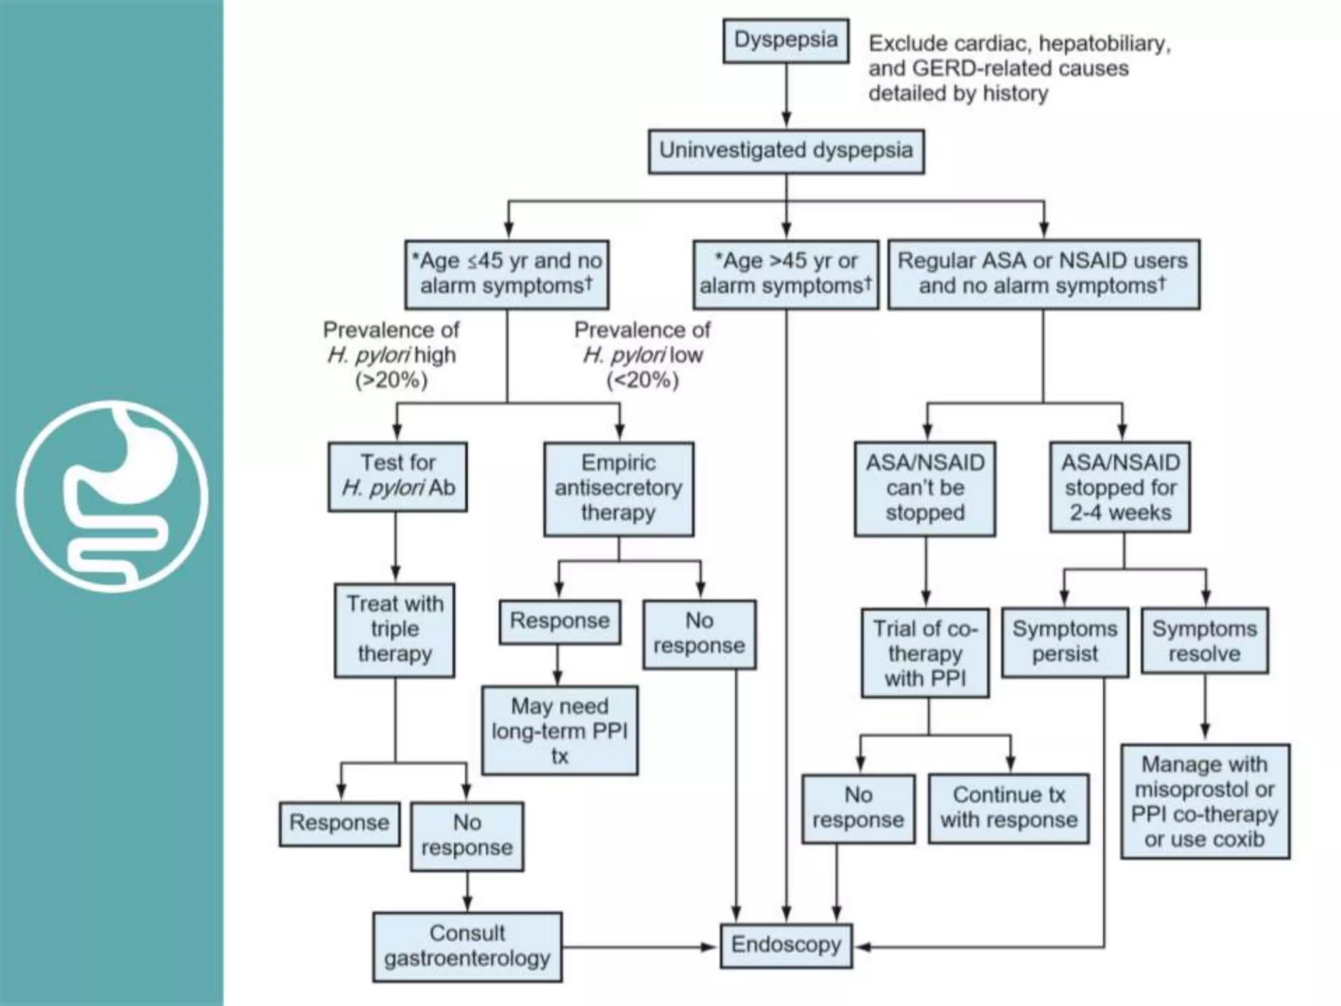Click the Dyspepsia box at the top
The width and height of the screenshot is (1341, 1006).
[x=786, y=41]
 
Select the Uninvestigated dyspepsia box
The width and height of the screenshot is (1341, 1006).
[x=786, y=151]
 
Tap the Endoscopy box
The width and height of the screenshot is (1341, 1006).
[x=786, y=945]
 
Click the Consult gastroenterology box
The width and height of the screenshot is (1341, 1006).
[x=467, y=946]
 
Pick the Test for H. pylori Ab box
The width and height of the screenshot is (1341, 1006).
[x=397, y=476]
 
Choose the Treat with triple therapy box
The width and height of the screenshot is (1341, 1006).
[x=394, y=629]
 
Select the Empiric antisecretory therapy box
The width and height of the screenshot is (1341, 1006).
[x=618, y=489]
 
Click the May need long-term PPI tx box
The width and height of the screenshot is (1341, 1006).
[x=559, y=731]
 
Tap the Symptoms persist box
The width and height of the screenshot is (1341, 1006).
[x=1065, y=642]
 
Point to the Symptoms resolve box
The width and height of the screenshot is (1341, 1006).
[x=1204, y=641]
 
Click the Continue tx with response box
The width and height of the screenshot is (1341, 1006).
[x=1008, y=808]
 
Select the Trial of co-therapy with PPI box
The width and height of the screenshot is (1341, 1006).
[x=925, y=653]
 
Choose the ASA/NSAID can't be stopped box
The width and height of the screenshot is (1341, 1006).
[x=925, y=489]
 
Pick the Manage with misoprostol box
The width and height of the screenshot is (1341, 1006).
[x=1205, y=801]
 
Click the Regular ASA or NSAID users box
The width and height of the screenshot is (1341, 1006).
[x=1043, y=274]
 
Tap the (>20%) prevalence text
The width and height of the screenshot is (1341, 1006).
[x=391, y=381]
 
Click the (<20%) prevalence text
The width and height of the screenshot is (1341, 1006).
[x=642, y=381]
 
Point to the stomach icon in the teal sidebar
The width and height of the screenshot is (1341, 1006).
[x=112, y=496]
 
